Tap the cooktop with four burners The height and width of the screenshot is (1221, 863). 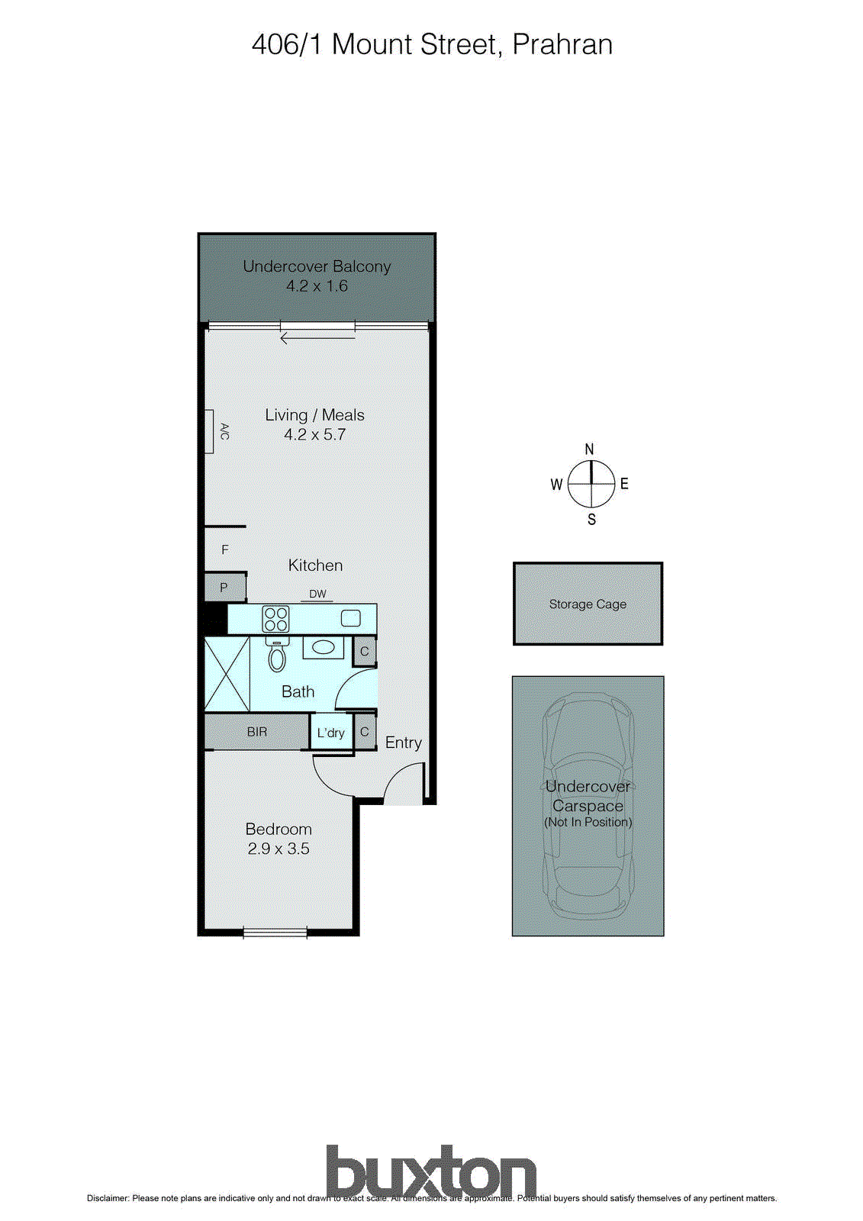275,619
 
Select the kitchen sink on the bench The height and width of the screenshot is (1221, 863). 350,618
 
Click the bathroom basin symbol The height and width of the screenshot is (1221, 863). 324,648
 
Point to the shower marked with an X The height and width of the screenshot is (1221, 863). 227,675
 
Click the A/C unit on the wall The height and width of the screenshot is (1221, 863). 209,431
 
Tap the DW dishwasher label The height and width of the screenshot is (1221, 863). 317,594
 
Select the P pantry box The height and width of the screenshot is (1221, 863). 224,588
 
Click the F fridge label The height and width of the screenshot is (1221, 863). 225,549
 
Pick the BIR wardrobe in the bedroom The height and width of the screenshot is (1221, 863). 257,732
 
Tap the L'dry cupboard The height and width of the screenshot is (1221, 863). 331,733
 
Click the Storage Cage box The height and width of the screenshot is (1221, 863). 588,604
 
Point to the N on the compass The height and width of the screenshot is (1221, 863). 589,449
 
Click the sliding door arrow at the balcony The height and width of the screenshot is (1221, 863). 317,338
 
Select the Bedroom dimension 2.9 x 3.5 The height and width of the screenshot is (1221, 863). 279,849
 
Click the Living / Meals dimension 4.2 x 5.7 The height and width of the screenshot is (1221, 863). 314,435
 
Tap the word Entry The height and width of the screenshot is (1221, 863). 403,743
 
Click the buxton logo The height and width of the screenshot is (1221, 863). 431,1171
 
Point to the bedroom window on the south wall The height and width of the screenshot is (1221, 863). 275,932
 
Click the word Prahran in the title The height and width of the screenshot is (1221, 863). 562,44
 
